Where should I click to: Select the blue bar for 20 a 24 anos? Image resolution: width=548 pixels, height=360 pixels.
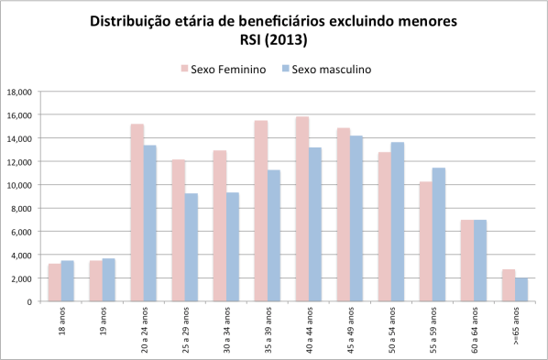pyautogui.click(x=150, y=224)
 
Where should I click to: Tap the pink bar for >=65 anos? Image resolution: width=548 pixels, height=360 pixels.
pyautogui.click(x=509, y=285)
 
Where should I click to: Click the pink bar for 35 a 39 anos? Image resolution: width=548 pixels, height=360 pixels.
pyautogui.click(x=261, y=211)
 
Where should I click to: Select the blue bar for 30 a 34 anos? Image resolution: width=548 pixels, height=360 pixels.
pyautogui.click(x=233, y=246)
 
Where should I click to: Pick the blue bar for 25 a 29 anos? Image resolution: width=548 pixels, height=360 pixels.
pyautogui.click(x=192, y=247)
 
